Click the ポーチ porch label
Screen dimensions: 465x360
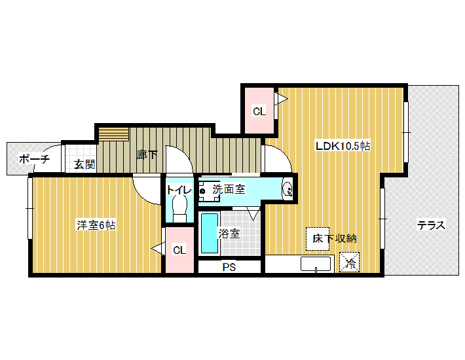pos(34,159)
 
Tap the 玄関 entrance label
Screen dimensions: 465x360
pos(84,164)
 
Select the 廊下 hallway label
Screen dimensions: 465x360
pos(147,154)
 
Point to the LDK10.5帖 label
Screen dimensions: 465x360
pos(343,146)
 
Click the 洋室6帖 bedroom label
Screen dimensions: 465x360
pos(96,225)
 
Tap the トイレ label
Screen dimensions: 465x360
pos(179,190)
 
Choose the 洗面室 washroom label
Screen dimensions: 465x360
pos(229,189)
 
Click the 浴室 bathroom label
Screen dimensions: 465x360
pos(229,234)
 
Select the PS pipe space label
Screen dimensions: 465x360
pos(229,267)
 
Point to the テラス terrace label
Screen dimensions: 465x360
pos(431,225)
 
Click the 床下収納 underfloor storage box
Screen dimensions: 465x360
pos(318,239)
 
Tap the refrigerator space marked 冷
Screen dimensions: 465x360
pos(349,262)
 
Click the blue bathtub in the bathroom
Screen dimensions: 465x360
pos(210,233)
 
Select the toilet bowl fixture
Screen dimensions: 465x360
pos(179,207)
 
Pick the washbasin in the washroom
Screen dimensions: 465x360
pos(288,189)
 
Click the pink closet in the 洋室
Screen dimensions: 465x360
pos(179,250)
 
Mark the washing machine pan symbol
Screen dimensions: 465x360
pos(209,191)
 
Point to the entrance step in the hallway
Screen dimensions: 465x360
pos(113,135)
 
